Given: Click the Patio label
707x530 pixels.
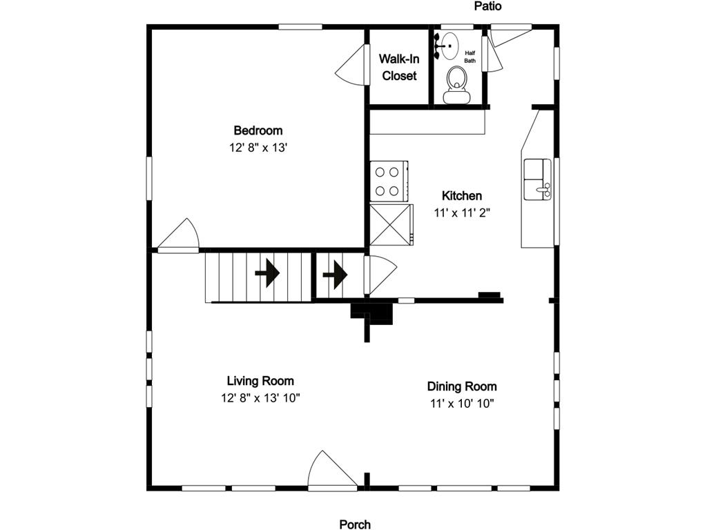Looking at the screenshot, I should pos(487,6).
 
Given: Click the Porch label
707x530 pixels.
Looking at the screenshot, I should pos(355,524).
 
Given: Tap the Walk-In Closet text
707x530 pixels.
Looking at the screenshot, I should pos(399,67).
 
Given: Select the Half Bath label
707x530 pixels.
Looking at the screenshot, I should pos(470,57).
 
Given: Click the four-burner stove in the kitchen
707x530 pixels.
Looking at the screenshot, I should pos(388,181).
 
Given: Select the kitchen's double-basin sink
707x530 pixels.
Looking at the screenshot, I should pos(537,179).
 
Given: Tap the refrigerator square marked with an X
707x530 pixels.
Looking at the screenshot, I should pos(391,224).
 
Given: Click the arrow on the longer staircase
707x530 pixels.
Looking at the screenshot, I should pos(267,275).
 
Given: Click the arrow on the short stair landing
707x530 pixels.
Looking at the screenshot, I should pos(335,275).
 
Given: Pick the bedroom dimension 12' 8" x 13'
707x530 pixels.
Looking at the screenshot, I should pos(258,148).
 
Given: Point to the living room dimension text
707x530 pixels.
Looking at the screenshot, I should pos(260,398).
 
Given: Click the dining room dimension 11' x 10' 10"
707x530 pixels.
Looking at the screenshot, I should pos(461,404).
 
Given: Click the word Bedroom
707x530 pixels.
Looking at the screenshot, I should pos(258,130).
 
